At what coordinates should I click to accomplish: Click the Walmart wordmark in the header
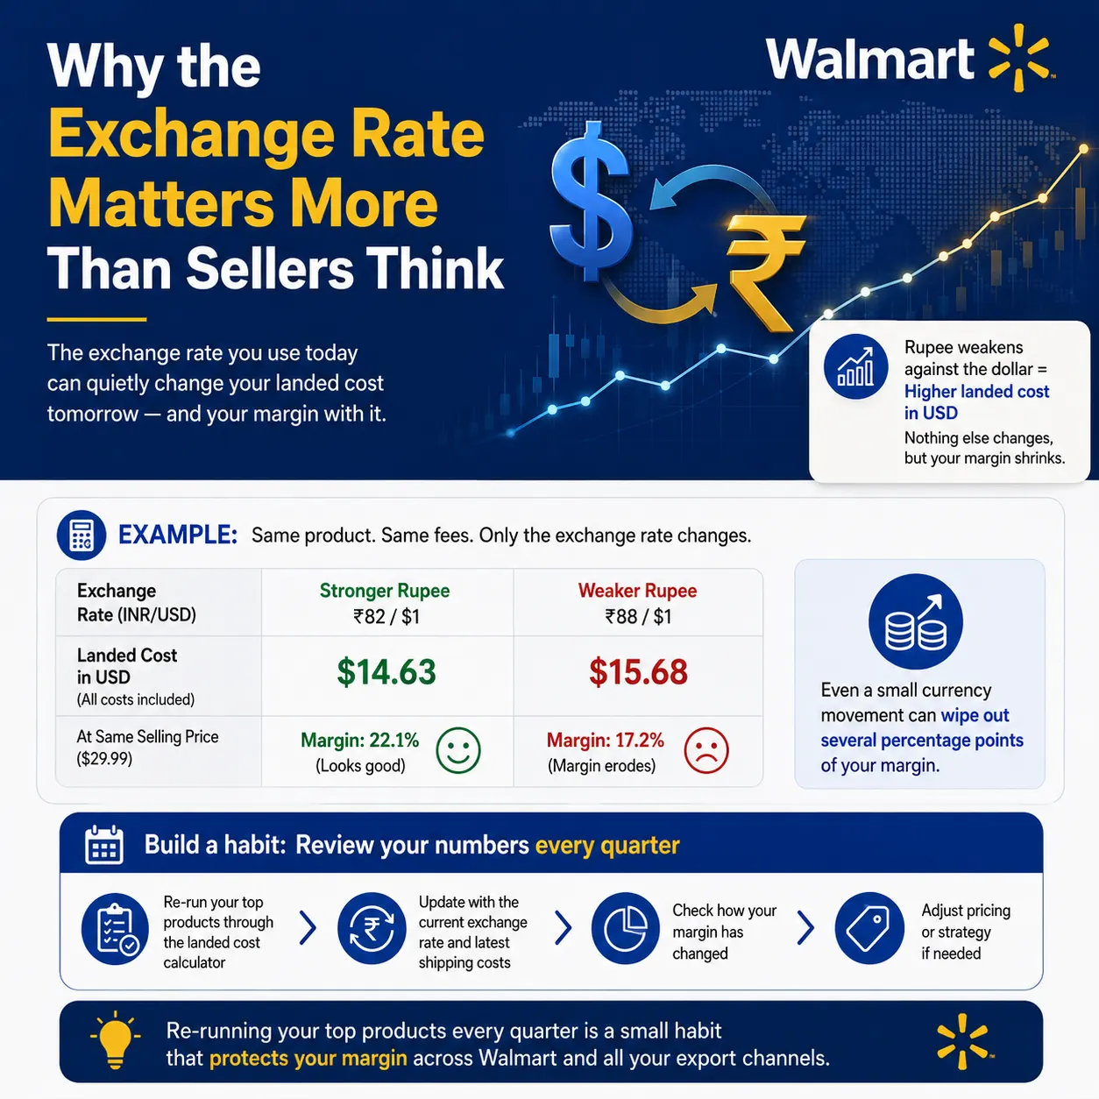[869, 59]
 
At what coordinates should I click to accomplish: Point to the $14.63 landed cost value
[386, 672]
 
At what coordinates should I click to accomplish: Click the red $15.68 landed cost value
[638, 672]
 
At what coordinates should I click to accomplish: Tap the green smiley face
[458, 750]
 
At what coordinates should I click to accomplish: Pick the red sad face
[706, 750]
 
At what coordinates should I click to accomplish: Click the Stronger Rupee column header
[385, 591]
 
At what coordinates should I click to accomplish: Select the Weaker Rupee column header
[638, 591]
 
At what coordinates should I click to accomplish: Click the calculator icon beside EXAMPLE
[82, 535]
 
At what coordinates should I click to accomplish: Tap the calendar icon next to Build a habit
[103, 845]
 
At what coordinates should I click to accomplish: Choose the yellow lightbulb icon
[115, 1039]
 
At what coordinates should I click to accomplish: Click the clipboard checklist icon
[115, 928]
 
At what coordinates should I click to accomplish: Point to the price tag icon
[869, 928]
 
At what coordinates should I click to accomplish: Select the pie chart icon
[625, 928]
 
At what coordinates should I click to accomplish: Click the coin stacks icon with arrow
[915, 621]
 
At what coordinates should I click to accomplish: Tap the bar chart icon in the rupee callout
[855, 366]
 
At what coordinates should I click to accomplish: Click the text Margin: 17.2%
[605, 741]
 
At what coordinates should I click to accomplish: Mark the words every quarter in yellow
[607, 846]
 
